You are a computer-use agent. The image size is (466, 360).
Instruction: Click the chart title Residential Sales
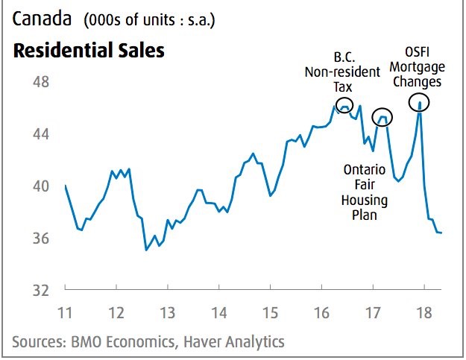point(87,51)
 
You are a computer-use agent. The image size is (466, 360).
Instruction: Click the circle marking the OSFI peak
point(420,101)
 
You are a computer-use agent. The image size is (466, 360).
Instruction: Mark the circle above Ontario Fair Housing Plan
point(382,116)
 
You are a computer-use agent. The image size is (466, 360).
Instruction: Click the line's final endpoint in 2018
point(441,233)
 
